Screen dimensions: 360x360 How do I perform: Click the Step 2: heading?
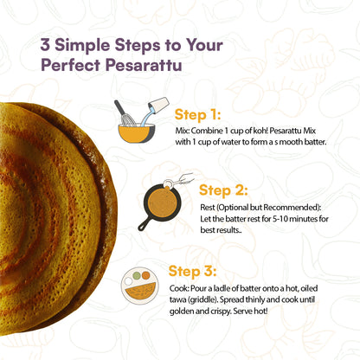click(x=222, y=190)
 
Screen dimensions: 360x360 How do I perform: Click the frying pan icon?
click(x=159, y=206)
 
